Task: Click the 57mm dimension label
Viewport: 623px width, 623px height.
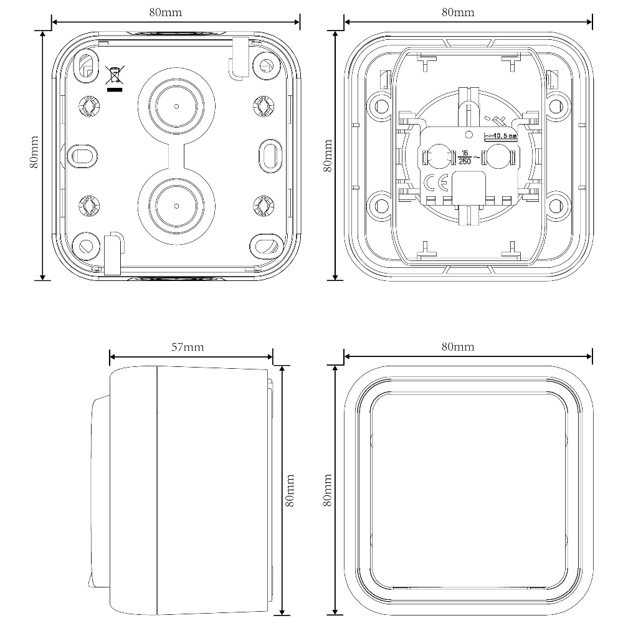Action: (188, 347)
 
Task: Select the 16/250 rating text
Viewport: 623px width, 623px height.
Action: (465, 158)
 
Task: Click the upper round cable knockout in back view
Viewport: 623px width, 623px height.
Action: (176, 107)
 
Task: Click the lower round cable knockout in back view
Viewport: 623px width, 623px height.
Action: (176, 206)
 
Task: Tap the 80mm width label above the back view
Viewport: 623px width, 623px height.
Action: (166, 12)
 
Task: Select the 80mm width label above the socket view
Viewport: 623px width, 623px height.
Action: (458, 12)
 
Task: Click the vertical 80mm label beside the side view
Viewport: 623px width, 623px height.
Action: (290, 490)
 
